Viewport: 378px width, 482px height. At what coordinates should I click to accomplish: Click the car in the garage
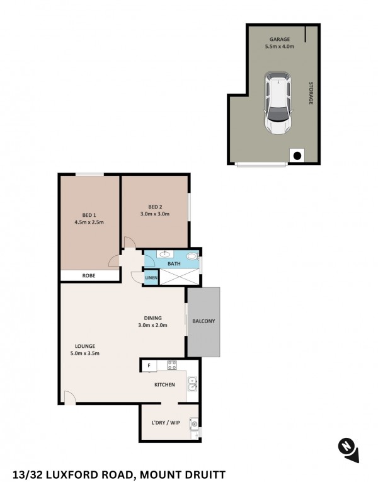(278, 103)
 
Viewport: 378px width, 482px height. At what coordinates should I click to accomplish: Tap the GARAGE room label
(280, 39)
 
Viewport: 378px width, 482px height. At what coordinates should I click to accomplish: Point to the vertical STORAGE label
(311, 93)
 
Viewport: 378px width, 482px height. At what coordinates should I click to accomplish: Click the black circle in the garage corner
(297, 156)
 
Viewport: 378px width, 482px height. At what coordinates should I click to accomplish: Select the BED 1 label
(89, 215)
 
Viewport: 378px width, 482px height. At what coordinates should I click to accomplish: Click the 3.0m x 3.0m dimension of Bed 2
(155, 214)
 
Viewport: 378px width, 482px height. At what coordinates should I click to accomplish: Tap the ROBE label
(89, 276)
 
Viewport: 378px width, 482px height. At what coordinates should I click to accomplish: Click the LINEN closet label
(151, 278)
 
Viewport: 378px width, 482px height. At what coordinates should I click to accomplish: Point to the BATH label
(174, 264)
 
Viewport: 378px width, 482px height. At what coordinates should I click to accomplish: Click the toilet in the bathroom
(193, 256)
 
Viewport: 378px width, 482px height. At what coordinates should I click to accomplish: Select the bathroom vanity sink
(165, 254)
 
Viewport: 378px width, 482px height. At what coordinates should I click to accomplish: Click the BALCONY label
(203, 321)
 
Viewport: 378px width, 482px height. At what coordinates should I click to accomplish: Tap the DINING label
(152, 318)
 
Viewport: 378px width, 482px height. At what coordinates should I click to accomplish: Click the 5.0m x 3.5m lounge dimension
(85, 353)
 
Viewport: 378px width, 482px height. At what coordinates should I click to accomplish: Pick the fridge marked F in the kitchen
(149, 366)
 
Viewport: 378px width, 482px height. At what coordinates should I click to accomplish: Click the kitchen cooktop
(172, 365)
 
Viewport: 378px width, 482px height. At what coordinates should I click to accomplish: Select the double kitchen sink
(193, 384)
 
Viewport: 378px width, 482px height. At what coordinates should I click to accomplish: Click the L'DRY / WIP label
(166, 423)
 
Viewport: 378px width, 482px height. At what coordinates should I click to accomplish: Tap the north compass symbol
(348, 450)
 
